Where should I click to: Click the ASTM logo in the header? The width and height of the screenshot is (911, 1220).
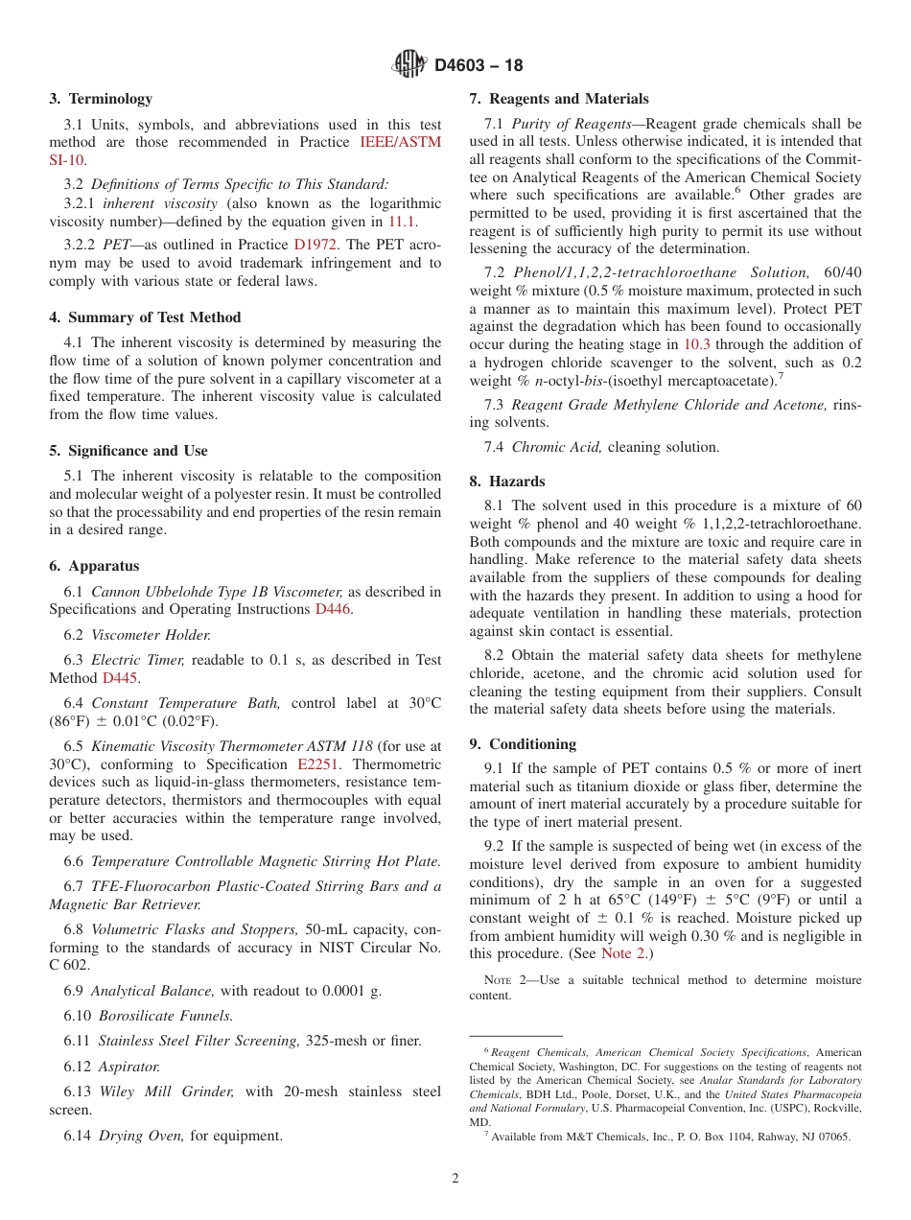click(x=409, y=64)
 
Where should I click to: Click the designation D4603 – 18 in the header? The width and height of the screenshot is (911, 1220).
click(x=479, y=65)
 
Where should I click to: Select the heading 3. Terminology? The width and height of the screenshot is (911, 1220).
click(x=101, y=99)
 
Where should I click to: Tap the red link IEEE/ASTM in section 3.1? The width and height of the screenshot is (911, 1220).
click(x=400, y=142)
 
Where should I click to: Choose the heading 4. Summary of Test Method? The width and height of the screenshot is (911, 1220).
click(x=145, y=317)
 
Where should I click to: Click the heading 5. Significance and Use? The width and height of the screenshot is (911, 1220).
click(x=128, y=451)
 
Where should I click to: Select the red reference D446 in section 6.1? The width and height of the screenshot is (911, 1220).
click(x=333, y=609)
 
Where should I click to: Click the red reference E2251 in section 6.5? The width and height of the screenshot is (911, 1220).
click(x=317, y=764)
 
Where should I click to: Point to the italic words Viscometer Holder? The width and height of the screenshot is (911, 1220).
click(x=151, y=634)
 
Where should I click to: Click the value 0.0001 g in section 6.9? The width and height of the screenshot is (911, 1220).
click(x=348, y=991)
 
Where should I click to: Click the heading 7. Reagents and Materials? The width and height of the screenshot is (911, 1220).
click(x=558, y=99)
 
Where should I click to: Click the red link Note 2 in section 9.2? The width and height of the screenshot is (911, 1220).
click(x=622, y=953)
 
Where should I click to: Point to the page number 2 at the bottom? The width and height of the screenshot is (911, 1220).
click(x=455, y=1179)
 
